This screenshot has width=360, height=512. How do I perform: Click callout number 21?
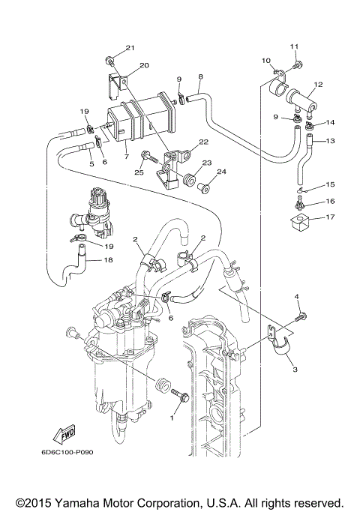click(x=129, y=48)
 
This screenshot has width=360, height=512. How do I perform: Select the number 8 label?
click(x=200, y=76)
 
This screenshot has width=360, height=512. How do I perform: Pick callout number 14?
click(x=331, y=122)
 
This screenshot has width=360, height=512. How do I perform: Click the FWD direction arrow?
click(x=61, y=433)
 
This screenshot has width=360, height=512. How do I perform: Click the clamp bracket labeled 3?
click(x=284, y=350)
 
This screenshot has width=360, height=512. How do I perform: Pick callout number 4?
click(x=296, y=298)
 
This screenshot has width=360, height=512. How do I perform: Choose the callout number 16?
click(x=331, y=202)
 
